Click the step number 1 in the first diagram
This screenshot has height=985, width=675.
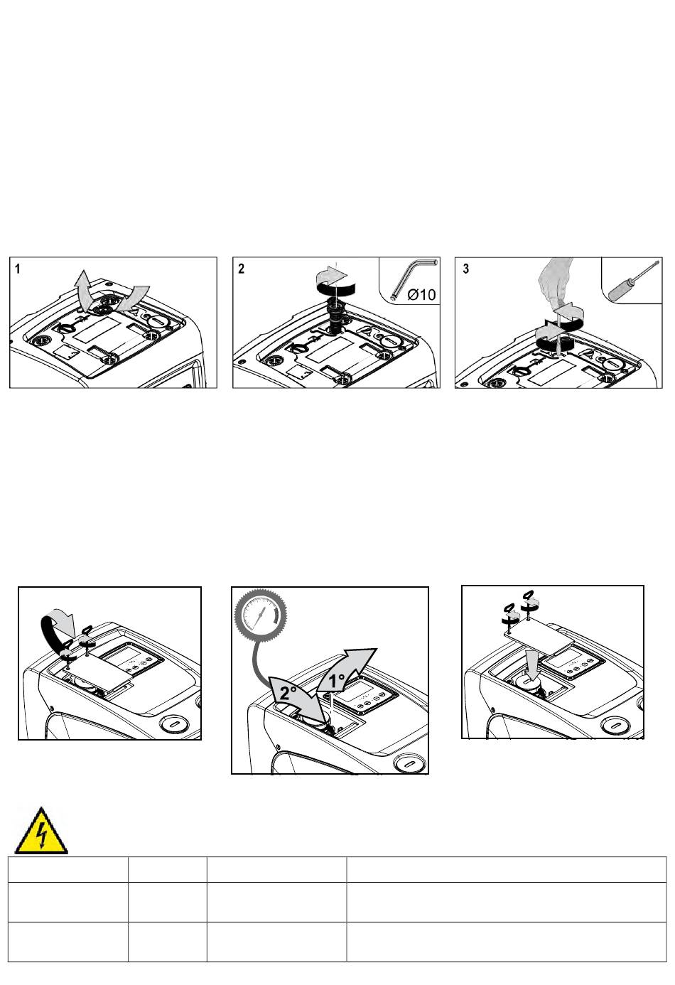tap(18, 269)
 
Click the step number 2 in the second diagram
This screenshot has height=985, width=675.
tap(241, 269)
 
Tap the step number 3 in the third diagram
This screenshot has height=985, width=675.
tap(466, 269)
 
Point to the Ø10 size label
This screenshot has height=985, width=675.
tap(421, 294)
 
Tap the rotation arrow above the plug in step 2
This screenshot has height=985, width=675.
tap(333, 281)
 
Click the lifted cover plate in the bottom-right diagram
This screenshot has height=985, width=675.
tap(540, 636)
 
